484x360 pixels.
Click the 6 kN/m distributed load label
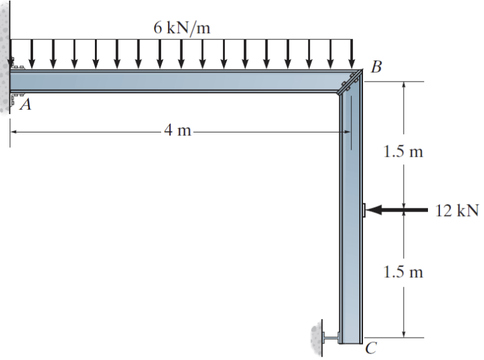[181, 27]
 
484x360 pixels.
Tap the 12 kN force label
[457, 210]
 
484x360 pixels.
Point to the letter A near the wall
[25, 105]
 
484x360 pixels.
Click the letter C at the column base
[371, 349]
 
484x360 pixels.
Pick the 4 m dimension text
[178, 132]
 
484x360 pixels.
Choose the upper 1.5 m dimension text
[404, 152]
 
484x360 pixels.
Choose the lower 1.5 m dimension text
[404, 273]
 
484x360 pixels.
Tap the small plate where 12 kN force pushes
[363, 210]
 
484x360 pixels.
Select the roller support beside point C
[331, 336]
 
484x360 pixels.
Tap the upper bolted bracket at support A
[17, 66]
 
